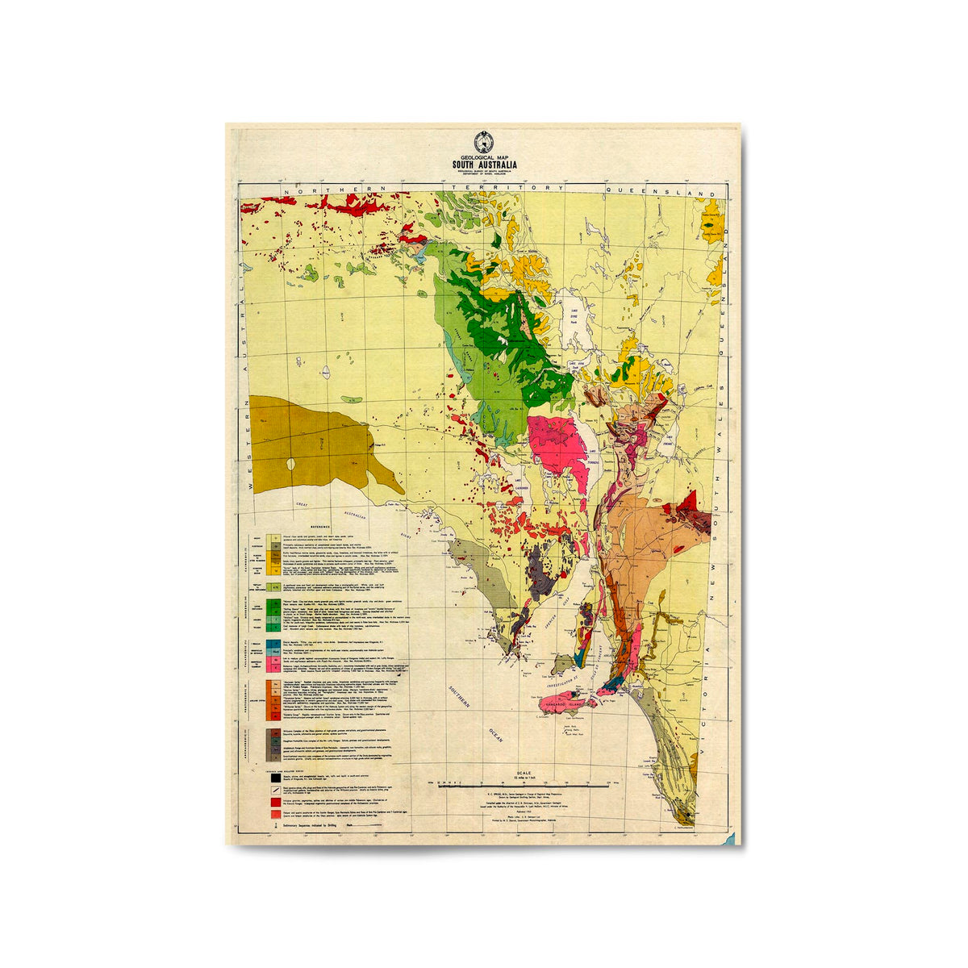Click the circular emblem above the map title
(484, 140)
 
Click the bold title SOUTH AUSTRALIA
(485, 165)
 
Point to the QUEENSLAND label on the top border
(661, 193)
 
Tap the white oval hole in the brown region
(290, 465)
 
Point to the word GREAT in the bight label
(302, 504)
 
